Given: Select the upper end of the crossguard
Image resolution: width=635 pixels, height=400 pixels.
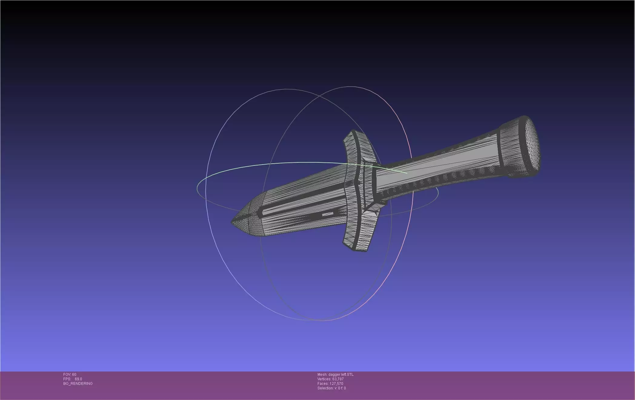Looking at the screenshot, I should (353, 133).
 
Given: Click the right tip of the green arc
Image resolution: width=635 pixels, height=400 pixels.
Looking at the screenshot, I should (406, 173).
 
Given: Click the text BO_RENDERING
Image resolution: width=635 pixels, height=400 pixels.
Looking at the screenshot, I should (78, 384).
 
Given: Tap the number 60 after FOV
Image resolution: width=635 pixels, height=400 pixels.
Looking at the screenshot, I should (74, 375).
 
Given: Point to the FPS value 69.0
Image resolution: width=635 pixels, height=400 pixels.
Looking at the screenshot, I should (78, 379).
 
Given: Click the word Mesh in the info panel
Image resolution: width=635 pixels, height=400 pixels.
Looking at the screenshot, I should (322, 375).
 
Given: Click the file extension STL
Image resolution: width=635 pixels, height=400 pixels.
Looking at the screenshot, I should (350, 375).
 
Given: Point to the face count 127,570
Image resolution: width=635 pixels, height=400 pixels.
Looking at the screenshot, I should (337, 384).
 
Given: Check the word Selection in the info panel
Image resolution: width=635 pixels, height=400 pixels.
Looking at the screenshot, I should (325, 388).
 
